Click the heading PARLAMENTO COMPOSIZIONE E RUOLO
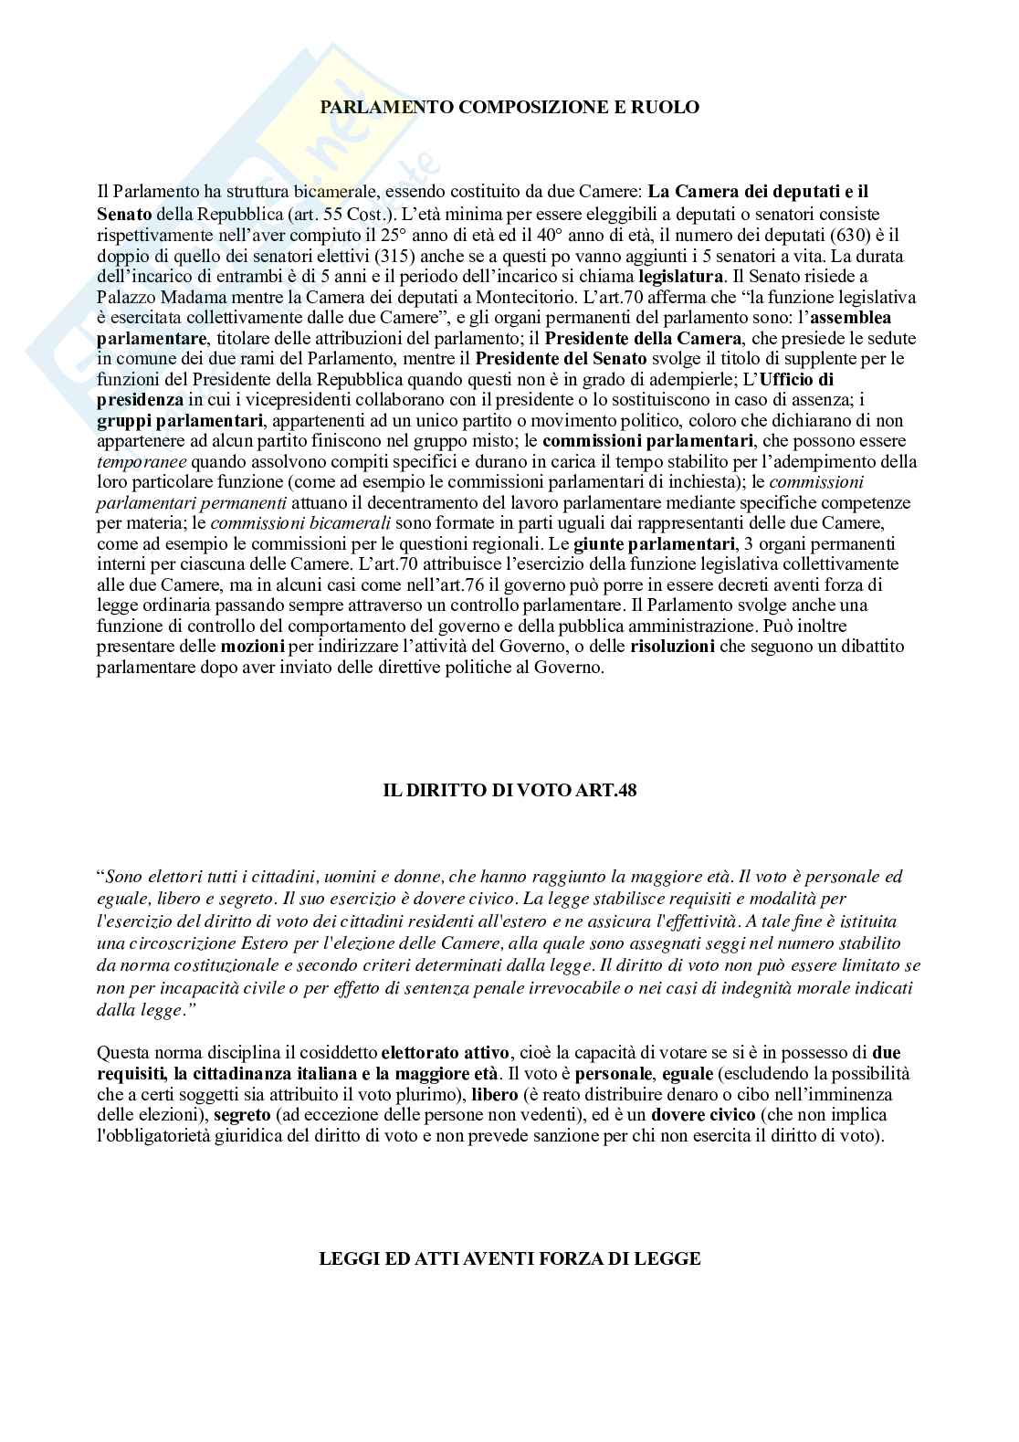(509, 107)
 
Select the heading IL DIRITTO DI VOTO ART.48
(509, 790)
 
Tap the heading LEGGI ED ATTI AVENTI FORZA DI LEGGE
(509, 1258)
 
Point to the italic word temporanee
(142, 461)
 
